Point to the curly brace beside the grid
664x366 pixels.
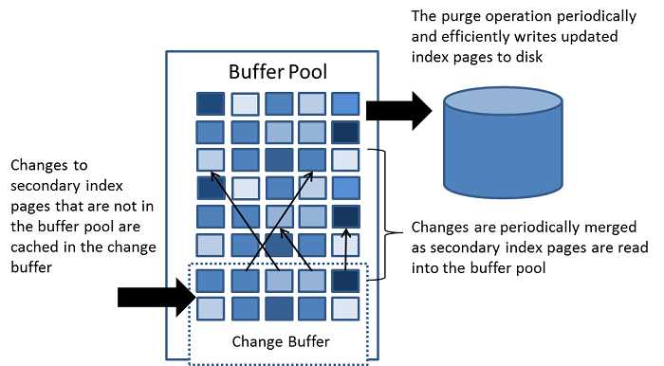tap(384, 213)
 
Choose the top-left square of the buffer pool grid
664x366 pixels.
tap(211, 103)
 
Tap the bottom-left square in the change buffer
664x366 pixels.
tap(211, 308)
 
